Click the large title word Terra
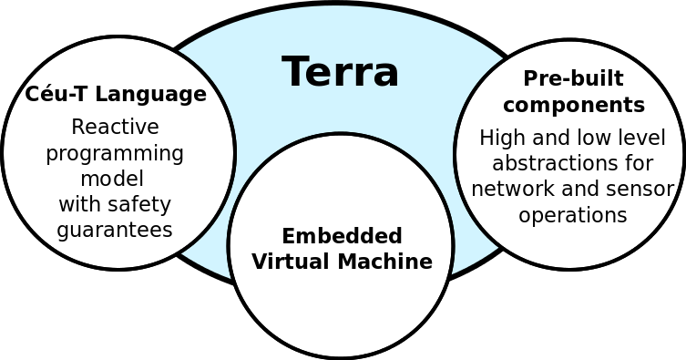pyautogui.click(x=340, y=72)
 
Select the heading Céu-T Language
pyautogui.click(x=116, y=94)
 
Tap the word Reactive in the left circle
pyautogui.click(x=115, y=127)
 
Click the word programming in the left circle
pyautogui.click(x=115, y=153)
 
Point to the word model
pyautogui.click(x=112, y=178)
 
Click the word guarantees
pyautogui.click(x=115, y=229)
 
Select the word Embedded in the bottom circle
pyautogui.click(x=342, y=236)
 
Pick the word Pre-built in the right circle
pyautogui.click(x=573, y=78)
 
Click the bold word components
pyautogui.click(x=573, y=105)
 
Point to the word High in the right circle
pyautogui.click(x=497, y=138)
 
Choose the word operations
pyautogui.click(x=573, y=215)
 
